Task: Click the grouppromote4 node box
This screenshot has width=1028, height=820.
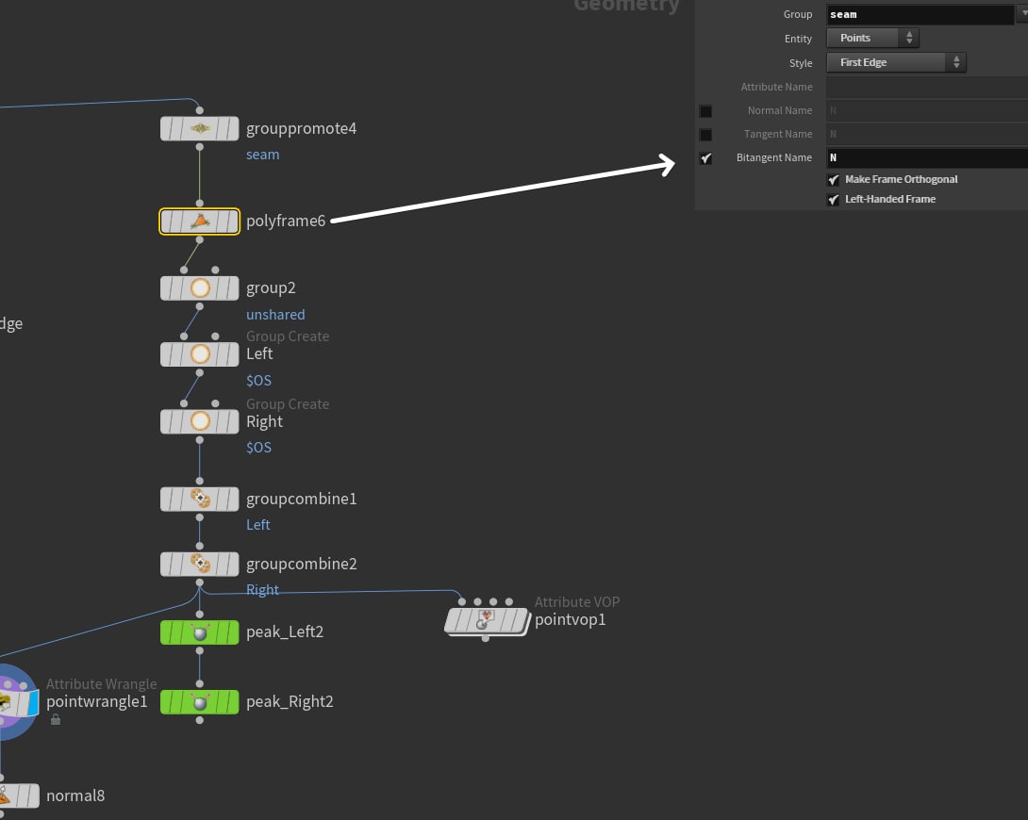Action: [199, 128]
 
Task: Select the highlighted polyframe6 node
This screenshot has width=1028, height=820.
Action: [199, 221]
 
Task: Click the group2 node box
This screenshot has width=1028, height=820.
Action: [199, 287]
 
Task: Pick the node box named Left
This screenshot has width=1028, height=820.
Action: [199, 354]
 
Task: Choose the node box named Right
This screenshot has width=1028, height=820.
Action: [199, 421]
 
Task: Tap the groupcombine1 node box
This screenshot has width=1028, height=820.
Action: [199, 499]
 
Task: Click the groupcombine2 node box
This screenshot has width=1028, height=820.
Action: [199, 564]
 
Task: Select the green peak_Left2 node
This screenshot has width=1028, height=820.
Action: [199, 631]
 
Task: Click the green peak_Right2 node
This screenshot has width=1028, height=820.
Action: [199, 701]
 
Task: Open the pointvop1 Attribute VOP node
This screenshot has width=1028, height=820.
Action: [487, 620]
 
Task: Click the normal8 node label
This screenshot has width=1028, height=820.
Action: [75, 795]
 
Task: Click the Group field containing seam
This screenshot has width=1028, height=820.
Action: [919, 14]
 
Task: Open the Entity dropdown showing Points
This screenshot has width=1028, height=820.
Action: [872, 38]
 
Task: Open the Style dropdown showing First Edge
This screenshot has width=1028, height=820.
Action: [896, 62]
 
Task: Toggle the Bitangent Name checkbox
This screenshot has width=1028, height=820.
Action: [705, 158]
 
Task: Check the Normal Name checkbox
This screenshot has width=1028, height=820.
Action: [705, 111]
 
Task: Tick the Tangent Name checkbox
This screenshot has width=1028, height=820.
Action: [705, 135]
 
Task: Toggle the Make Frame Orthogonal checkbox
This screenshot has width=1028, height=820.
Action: [833, 179]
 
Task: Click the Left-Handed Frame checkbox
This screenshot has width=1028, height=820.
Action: [833, 200]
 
